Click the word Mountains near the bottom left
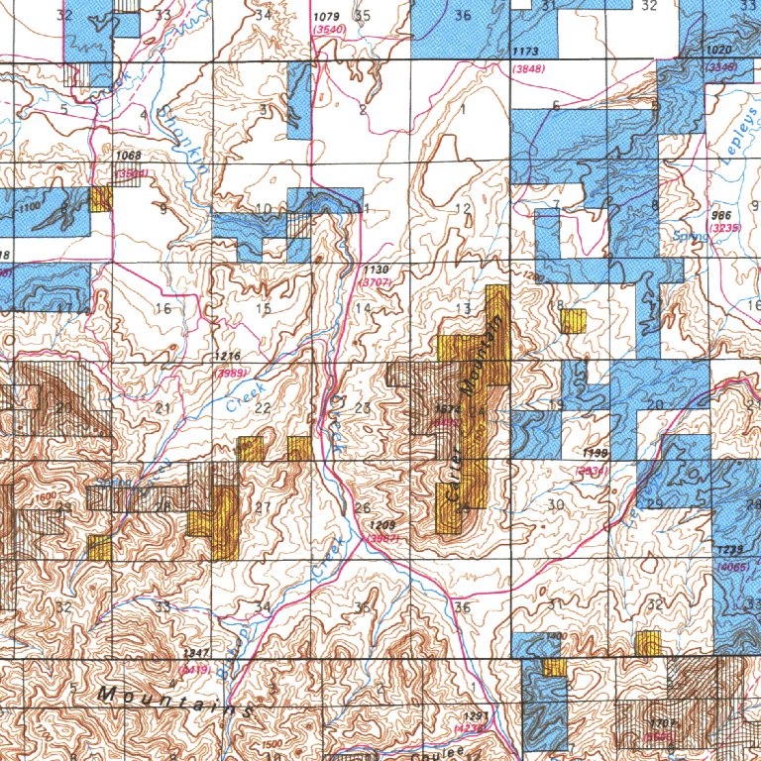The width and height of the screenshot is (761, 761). point(174,701)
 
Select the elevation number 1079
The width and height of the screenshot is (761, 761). point(325,17)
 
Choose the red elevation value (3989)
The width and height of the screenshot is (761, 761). point(231,372)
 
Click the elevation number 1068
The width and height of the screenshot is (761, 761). point(129,157)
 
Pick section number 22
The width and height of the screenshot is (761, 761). point(263,408)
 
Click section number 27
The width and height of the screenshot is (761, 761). point(263,508)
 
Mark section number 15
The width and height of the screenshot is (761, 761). point(263,309)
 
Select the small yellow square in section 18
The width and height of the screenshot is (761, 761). point(573,320)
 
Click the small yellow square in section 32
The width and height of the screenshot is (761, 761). point(648,642)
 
